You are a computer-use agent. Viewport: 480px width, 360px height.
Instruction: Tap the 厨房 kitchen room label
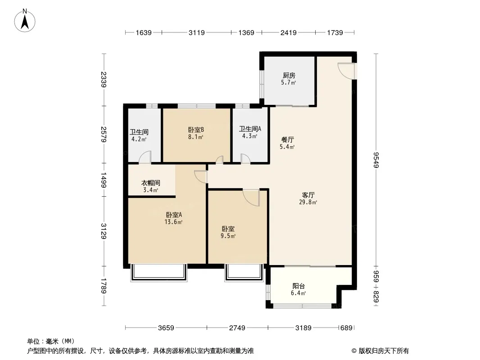click(x=289, y=75)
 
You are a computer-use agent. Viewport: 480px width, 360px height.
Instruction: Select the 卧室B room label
click(x=196, y=130)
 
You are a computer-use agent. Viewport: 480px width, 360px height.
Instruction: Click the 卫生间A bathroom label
click(x=250, y=129)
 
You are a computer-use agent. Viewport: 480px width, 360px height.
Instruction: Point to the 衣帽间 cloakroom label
click(x=150, y=183)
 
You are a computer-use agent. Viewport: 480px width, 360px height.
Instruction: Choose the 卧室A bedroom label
click(x=174, y=215)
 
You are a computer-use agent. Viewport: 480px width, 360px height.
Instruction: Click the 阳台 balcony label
click(x=299, y=286)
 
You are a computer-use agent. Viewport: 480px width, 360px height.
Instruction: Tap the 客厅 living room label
click(x=308, y=195)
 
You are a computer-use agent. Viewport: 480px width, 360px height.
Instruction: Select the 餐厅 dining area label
click(x=287, y=140)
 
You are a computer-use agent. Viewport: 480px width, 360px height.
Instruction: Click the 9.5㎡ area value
click(x=228, y=236)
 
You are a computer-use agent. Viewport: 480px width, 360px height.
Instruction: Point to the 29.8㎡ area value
click(x=308, y=202)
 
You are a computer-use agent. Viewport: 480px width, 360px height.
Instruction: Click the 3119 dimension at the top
click(x=196, y=32)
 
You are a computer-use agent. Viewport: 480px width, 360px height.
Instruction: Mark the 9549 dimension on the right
click(x=376, y=160)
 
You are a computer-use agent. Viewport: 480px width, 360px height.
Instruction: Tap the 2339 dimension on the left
click(x=104, y=80)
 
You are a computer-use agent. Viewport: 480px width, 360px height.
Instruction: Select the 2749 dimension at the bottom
click(x=237, y=328)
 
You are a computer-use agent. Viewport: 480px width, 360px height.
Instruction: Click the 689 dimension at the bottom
click(x=347, y=328)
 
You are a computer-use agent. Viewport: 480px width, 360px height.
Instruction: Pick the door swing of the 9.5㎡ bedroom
click(x=251, y=198)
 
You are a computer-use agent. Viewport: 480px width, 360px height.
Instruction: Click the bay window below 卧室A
click(x=158, y=273)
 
